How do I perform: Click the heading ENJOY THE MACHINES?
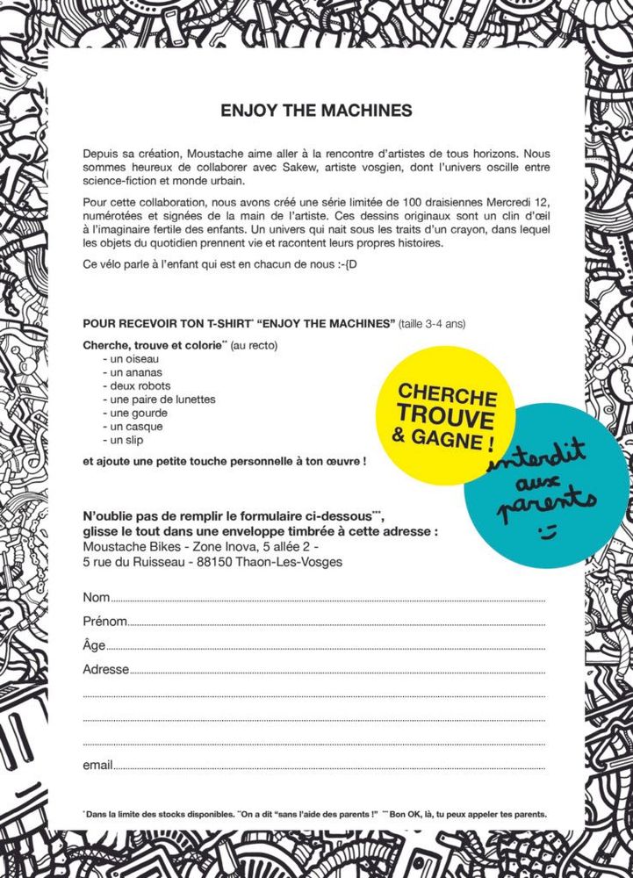[x=316, y=112]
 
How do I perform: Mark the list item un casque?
[x=133, y=427]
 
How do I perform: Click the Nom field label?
[x=96, y=597]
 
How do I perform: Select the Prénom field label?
[x=104, y=622]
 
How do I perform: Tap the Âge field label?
[x=94, y=645]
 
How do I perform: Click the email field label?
[x=97, y=765]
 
